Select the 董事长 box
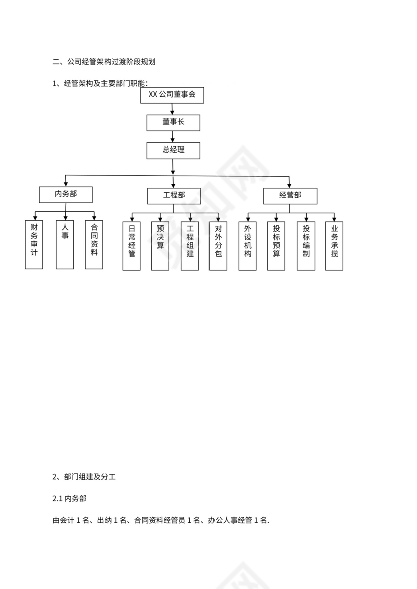pyautogui.click(x=173, y=123)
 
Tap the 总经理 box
pyautogui.click(x=173, y=150)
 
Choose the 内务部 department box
pyautogui.click(x=66, y=195)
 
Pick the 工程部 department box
pyautogui.click(x=174, y=196)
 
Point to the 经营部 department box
pyautogui.click(x=290, y=196)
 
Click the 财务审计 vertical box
pyautogui.click(x=34, y=244)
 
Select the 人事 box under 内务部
pyautogui.click(x=65, y=244)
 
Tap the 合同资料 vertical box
pyautogui.click(x=94, y=244)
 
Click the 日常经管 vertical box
pyautogui.click(x=132, y=246)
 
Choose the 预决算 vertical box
pyautogui.click(x=160, y=246)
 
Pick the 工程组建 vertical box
pyautogui.click(x=190, y=246)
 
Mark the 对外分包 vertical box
pyautogui.click(x=218, y=246)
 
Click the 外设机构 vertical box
pyautogui.click(x=247, y=246)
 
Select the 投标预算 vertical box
pyautogui.click(x=276, y=246)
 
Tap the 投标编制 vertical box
pyautogui.click(x=305, y=246)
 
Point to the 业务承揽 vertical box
pyautogui.click(x=334, y=246)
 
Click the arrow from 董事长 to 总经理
pyautogui.click(x=173, y=136)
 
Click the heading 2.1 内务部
pyautogui.click(x=69, y=499)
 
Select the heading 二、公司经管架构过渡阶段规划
pyautogui.click(x=104, y=63)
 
